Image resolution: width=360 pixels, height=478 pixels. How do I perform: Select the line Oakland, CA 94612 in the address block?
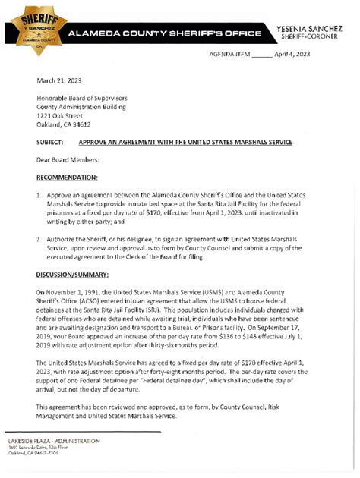(x=64, y=125)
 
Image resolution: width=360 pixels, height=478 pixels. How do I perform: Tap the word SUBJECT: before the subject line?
(x=52, y=143)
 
